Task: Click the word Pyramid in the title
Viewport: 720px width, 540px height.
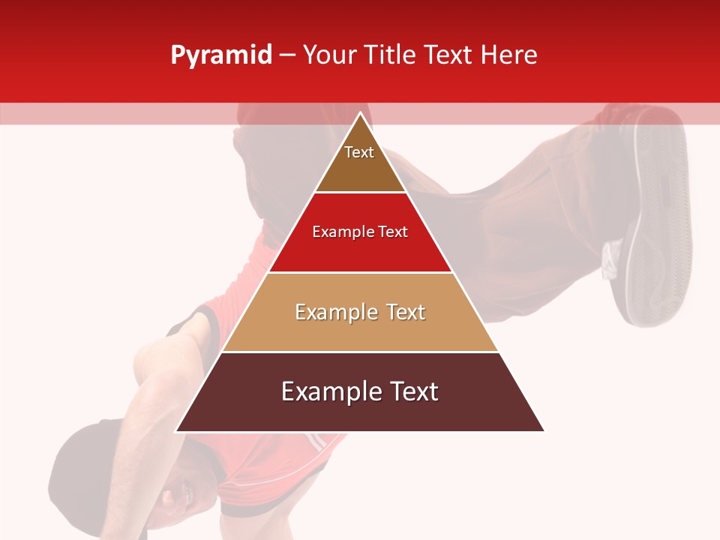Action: coord(220,55)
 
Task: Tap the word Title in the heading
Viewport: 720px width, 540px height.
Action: coord(390,55)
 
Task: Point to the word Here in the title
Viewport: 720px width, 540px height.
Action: coord(509,55)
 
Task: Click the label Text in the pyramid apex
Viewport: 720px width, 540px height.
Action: coord(359,152)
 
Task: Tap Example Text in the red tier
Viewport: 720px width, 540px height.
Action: coord(360,232)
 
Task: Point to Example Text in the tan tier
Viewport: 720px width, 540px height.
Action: coord(360,312)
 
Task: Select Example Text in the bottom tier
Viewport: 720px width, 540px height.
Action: coord(360,391)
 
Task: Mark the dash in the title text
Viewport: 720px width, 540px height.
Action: coord(287,55)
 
